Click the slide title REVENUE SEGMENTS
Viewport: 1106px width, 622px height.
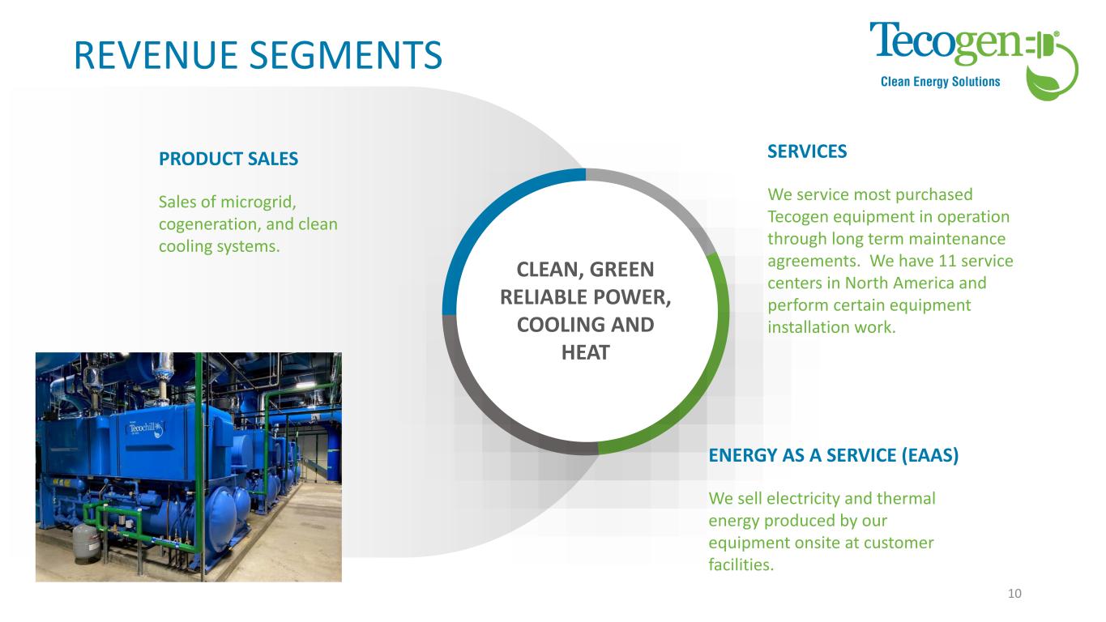(258, 54)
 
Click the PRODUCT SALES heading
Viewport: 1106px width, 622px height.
(228, 160)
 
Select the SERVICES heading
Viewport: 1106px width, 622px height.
(806, 151)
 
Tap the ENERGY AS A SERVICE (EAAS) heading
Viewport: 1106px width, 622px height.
(833, 455)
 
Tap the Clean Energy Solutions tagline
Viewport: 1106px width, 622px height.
(940, 82)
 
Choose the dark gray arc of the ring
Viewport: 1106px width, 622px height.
(486, 397)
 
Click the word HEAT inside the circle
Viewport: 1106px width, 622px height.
(585, 353)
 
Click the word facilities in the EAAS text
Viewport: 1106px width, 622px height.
(741, 564)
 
